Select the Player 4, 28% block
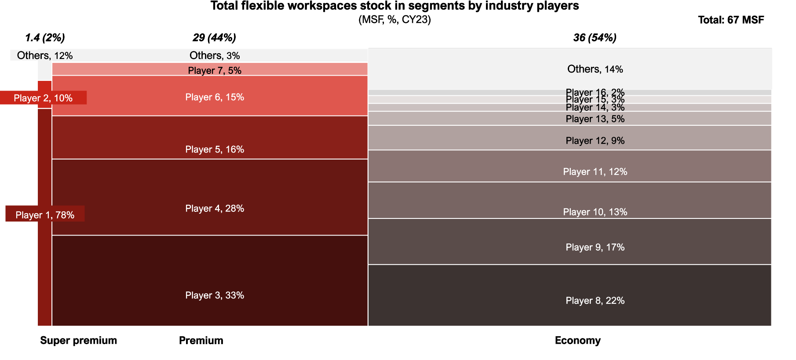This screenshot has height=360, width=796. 210,197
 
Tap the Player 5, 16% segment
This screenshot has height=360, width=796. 210,137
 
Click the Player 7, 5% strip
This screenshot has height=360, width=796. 210,69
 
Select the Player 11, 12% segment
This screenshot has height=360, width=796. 570,166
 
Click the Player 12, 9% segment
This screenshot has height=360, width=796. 570,138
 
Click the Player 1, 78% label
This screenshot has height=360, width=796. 45,215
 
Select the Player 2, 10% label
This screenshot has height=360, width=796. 43,98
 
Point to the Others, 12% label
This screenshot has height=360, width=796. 45,55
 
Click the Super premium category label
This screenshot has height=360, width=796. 78,340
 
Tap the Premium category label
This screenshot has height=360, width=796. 201,340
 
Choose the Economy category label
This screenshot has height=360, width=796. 577,340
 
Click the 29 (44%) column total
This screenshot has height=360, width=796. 214,38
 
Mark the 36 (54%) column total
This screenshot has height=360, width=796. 595,38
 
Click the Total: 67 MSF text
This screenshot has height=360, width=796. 731,20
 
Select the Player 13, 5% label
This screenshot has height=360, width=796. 595,119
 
